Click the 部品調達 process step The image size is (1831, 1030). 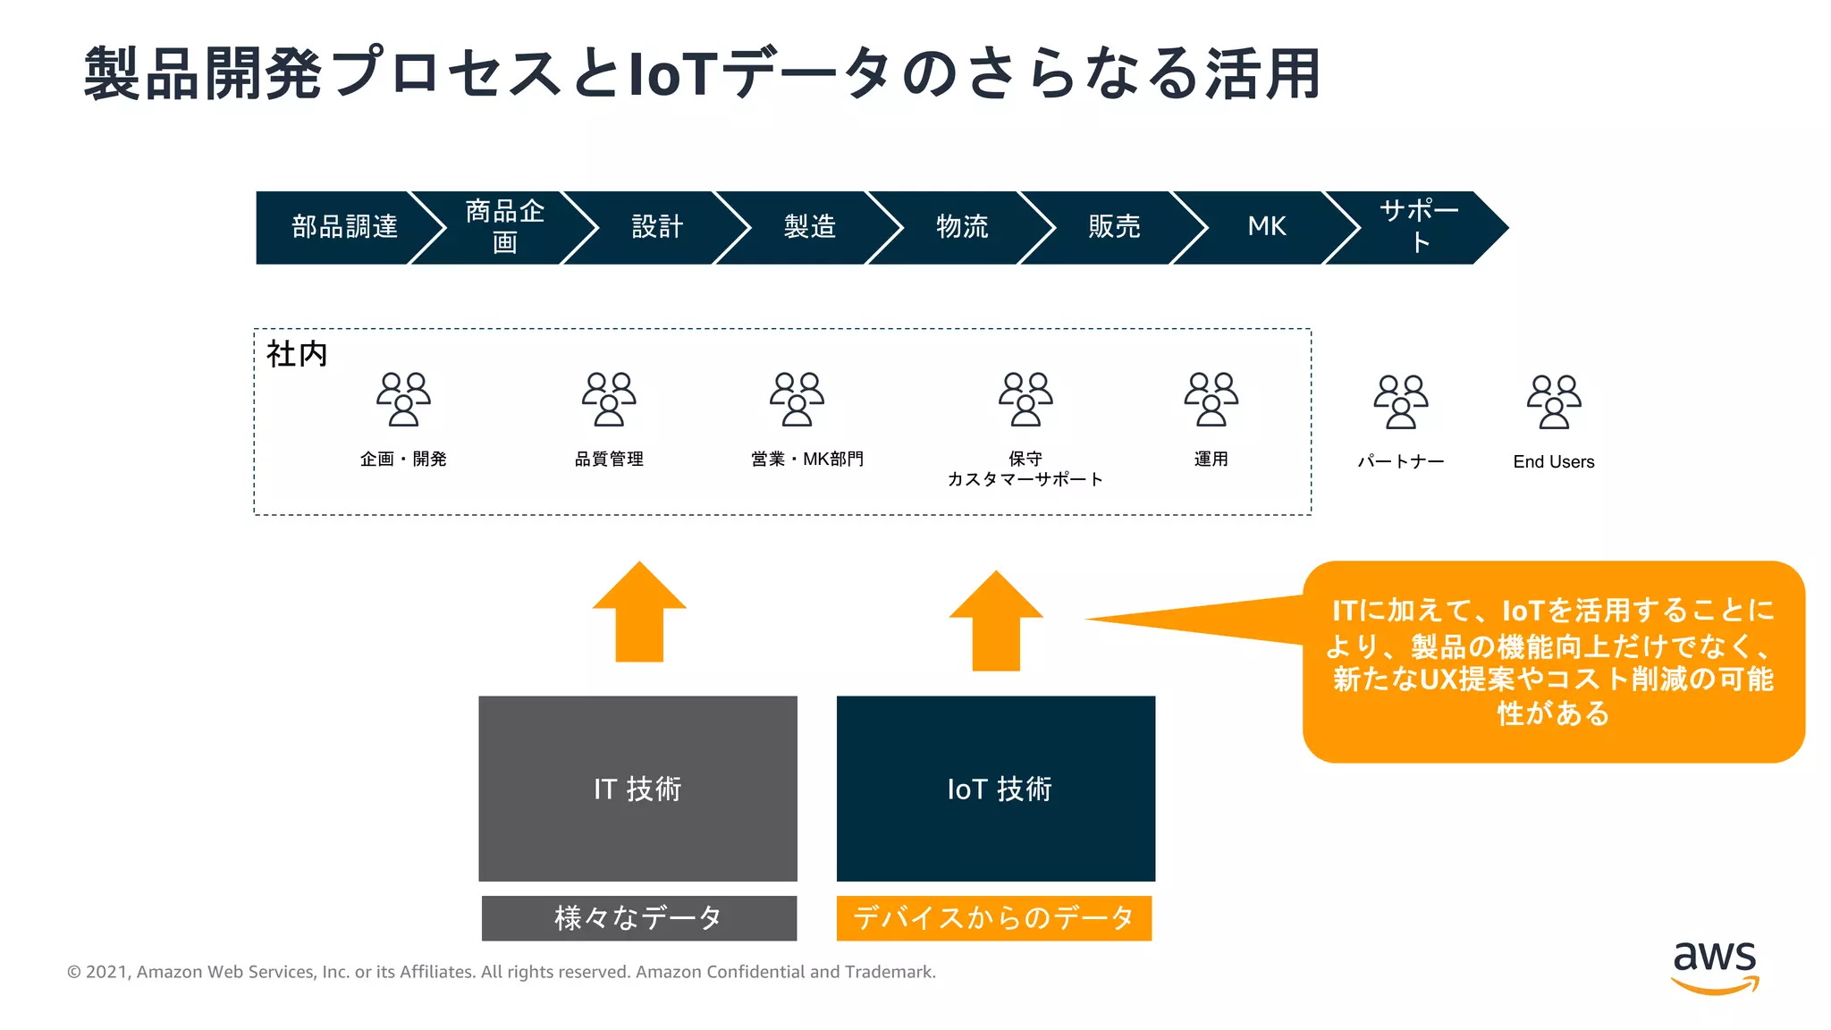[344, 227]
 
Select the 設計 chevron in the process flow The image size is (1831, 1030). [657, 227]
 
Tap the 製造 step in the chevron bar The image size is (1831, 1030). [809, 227]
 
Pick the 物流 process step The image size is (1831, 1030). [962, 227]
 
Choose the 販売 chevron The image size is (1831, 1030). [1114, 227]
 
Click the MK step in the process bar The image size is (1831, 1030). [1267, 227]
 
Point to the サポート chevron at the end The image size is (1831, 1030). [1419, 227]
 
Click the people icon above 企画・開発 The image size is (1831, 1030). [403, 399]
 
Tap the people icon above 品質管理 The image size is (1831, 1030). [609, 399]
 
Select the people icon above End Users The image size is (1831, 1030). [1554, 401]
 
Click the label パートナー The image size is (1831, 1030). [1401, 461]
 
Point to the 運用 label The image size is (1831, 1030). [1211, 459]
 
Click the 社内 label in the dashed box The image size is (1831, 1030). [297, 354]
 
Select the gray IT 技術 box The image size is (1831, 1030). [637, 789]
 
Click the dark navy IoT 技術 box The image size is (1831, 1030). [996, 789]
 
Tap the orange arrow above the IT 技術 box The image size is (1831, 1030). [639, 612]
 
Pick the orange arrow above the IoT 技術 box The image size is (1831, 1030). [996, 621]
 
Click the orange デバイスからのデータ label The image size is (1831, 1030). [994, 918]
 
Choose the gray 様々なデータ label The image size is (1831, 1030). [638, 918]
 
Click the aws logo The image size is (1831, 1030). [1715, 966]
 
